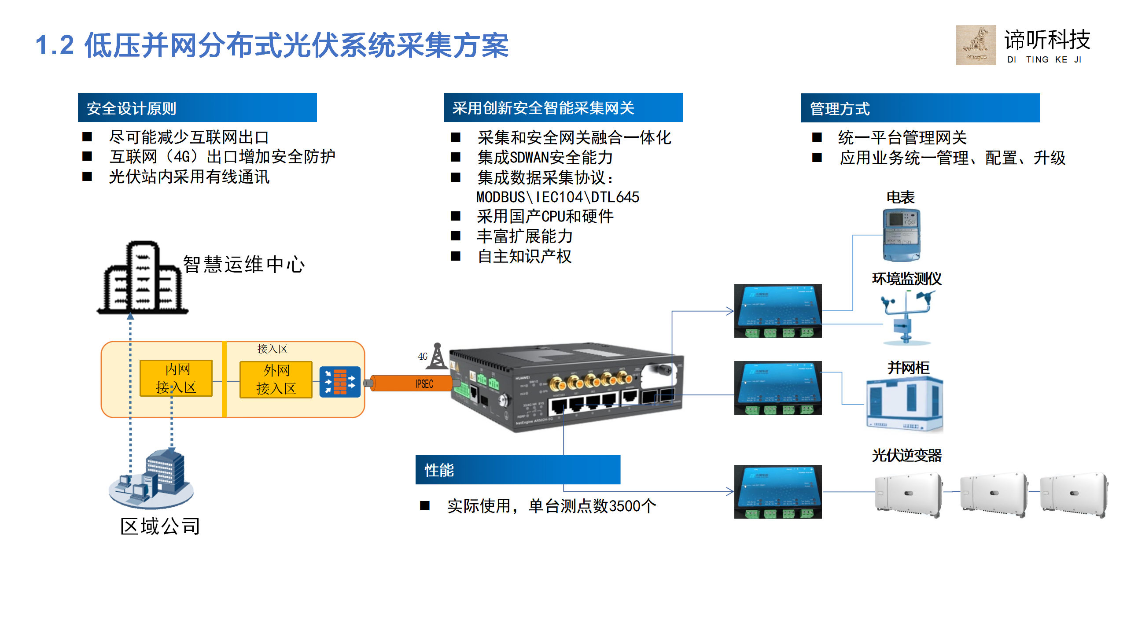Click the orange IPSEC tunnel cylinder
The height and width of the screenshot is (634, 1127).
(x=412, y=383)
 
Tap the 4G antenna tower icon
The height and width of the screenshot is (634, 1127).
(x=437, y=356)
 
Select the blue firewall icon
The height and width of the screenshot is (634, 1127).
(x=339, y=382)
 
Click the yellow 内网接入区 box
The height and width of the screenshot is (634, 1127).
(x=176, y=378)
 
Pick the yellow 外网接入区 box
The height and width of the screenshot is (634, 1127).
(x=276, y=380)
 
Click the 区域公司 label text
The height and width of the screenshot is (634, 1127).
(x=160, y=526)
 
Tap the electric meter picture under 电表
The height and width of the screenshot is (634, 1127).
(x=901, y=235)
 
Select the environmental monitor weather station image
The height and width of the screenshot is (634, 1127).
(x=906, y=317)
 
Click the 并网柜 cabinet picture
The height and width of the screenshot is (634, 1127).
(x=904, y=404)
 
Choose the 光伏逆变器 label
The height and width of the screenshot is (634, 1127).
(x=906, y=455)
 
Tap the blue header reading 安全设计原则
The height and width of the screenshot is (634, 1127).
(x=197, y=108)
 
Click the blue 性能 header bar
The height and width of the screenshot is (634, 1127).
(x=518, y=470)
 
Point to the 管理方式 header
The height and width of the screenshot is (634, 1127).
(x=920, y=108)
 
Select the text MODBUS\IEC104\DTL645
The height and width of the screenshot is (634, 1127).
(x=557, y=197)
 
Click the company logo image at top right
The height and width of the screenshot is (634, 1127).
(x=976, y=45)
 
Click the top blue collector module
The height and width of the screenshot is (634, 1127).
(x=777, y=311)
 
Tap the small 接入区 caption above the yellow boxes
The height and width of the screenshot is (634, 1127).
(x=272, y=349)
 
